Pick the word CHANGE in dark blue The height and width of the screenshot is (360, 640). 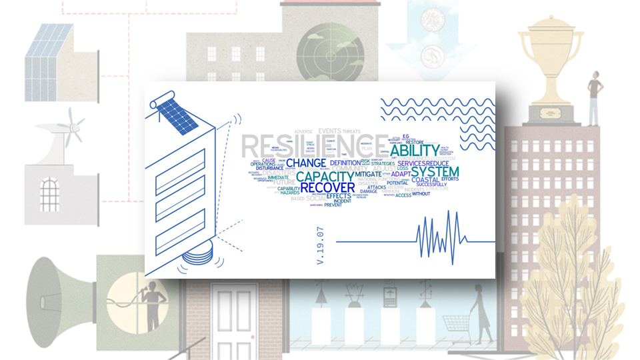click(x=306, y=163)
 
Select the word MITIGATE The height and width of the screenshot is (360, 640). click(x=367, y=174)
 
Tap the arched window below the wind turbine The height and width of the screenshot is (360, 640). click(x=49, y=193)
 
